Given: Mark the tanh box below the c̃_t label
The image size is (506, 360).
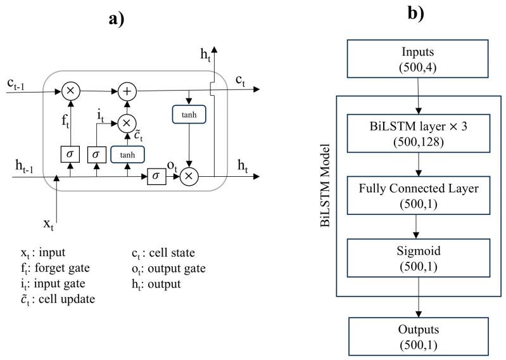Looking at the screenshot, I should tap(127, 154).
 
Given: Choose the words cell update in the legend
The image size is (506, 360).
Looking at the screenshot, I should tap(68, 299).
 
